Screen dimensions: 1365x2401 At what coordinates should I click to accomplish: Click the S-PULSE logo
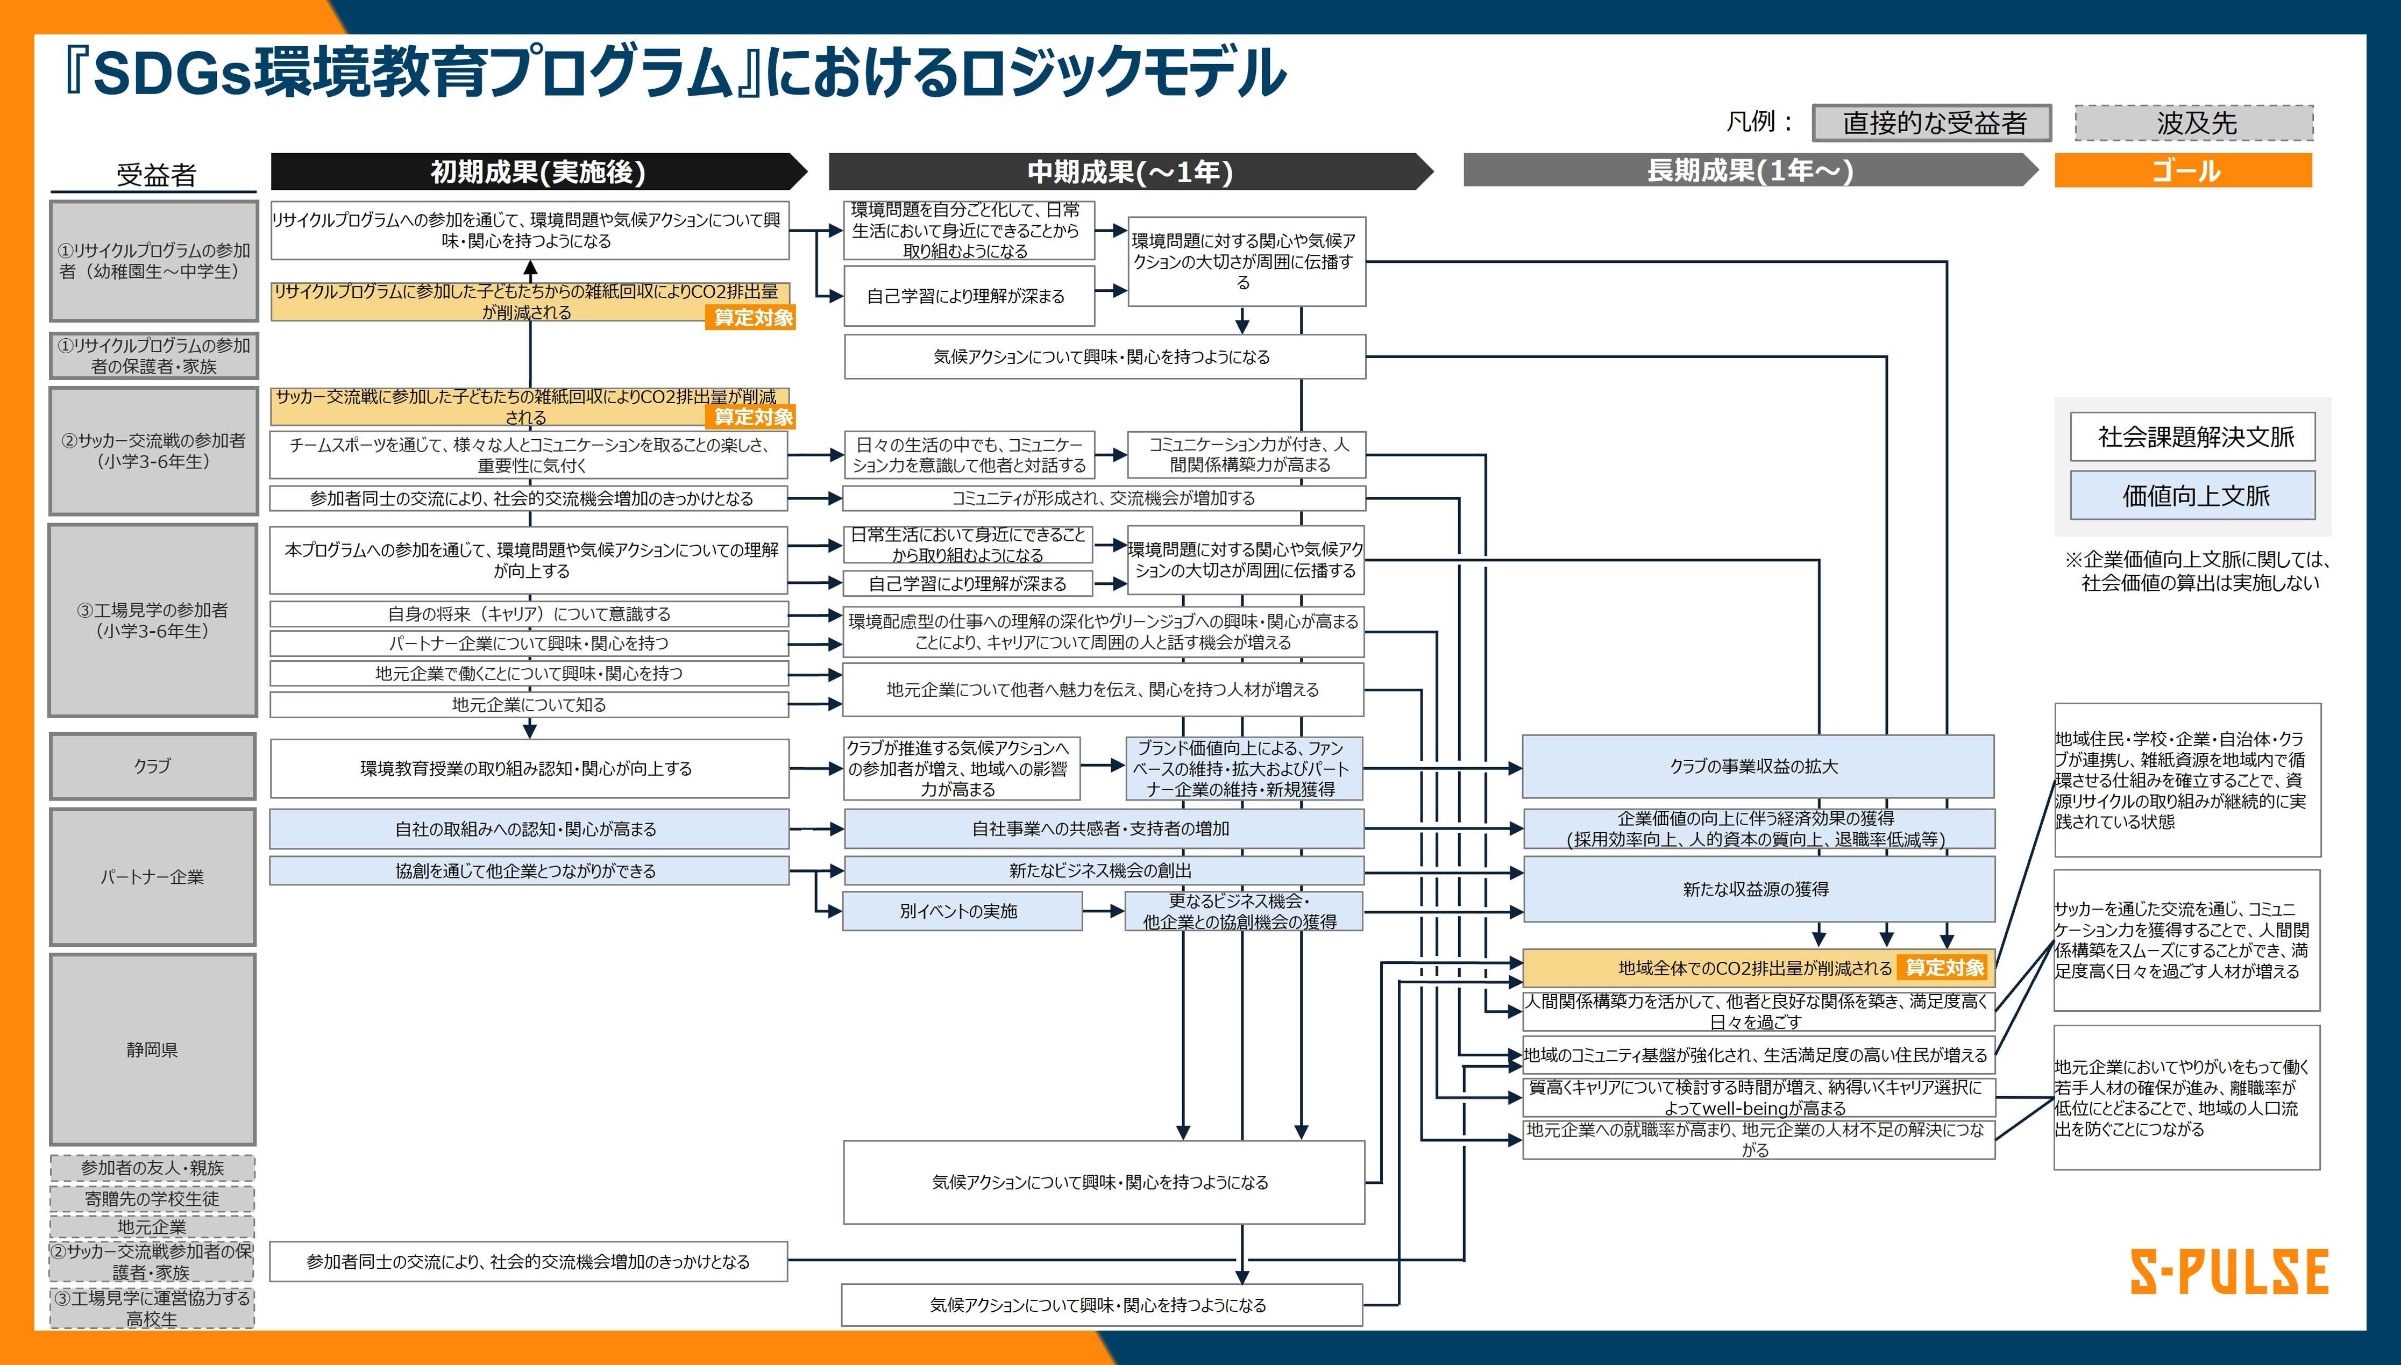(2228, 1272)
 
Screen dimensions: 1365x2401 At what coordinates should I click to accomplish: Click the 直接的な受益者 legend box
(1932, 123)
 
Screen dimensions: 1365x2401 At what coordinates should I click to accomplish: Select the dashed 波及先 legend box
(2194, 123)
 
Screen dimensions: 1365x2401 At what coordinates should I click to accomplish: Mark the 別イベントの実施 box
(961, 910)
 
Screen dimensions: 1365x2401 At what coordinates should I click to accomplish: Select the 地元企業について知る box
(529, 704)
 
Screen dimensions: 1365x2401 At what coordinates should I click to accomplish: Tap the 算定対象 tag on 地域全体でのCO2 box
(1944, 968)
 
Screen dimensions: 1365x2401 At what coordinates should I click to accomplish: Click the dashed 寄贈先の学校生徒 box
(152, 1198)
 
